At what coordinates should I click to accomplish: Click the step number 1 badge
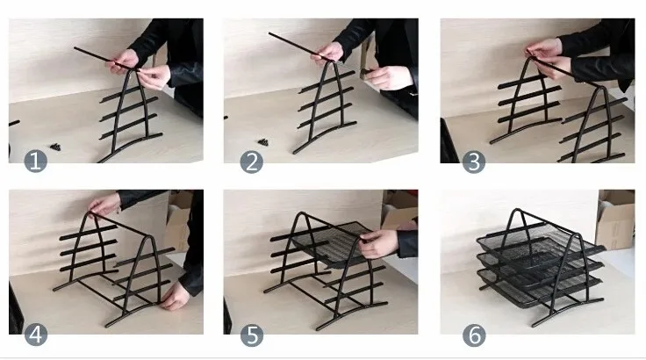pyautogui.click(x=35, y=161)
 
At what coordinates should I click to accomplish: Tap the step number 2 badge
pyautogui.click(x=251, y=162)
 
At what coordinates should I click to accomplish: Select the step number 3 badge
pyautogui.click(x=474, y=162)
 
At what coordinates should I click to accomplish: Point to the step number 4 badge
pyautogui.click(x=36, y=335)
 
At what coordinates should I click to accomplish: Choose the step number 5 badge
pyautogui.click(x=252, y=335)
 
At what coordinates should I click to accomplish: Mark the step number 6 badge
pyautogui.click(x=474, y=335)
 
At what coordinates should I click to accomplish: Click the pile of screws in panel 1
pyautogui.click(x=55, y=147)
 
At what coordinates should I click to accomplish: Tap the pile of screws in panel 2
pyautogui.click(x=263, y=142)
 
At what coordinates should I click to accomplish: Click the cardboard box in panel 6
pyautogui.click(x=615, y=219)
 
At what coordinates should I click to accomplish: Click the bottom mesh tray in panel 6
pyautogui.click(x=538, y=285)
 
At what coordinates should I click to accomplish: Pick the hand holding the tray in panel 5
pyautogui.click(x=378, y=243)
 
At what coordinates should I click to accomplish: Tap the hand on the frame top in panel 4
pyautogui.click(x=104, y=205)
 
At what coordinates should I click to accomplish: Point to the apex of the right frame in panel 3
pyautogui.click(x=602, y=88)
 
